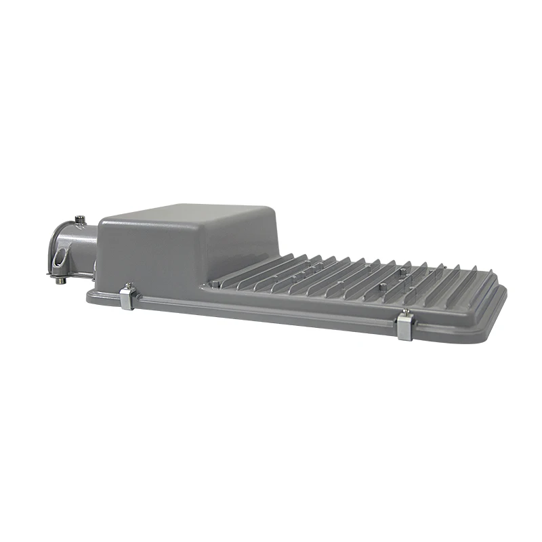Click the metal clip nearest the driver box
point(127,298)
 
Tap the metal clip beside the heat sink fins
point(404,327)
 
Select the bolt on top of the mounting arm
point(80,219)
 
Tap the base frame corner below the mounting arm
point(91,294)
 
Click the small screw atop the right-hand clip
point(404,312)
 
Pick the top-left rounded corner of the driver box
point(105,220)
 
